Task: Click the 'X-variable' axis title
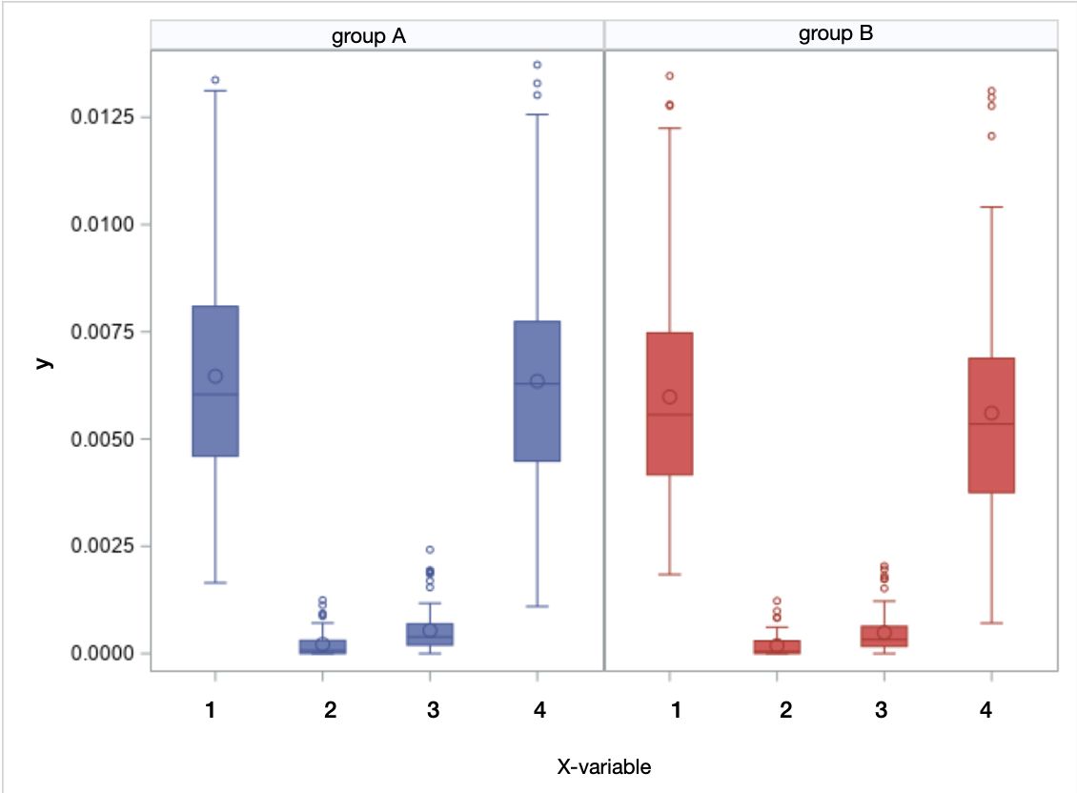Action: coord(604,766)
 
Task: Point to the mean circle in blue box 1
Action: coord(215,376)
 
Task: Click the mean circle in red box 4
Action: coord(991,413)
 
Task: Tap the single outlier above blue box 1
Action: coord(215,80)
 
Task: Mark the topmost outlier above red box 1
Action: coord(670,75)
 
